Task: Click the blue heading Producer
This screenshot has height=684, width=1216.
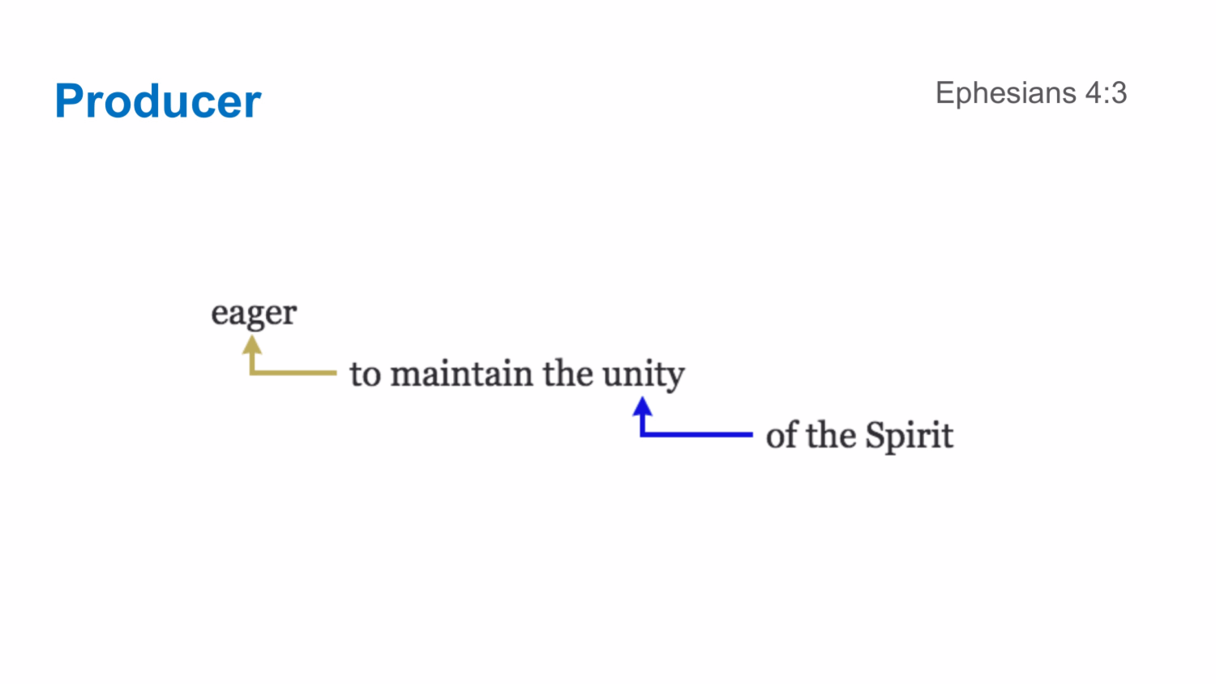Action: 158,102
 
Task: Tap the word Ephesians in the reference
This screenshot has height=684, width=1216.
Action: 1006,93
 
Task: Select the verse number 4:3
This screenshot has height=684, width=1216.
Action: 1107,93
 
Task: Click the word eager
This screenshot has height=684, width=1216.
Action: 254,314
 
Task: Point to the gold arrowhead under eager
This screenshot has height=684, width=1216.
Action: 253,345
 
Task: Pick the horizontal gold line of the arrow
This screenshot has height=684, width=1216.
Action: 296,373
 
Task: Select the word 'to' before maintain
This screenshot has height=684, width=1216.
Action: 365,375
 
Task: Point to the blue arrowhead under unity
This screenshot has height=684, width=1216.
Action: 643,406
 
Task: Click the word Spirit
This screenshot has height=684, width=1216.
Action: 909,436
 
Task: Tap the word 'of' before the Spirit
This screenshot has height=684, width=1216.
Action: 781,435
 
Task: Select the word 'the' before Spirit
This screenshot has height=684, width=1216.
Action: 831,435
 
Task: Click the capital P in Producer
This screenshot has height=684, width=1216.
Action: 70,102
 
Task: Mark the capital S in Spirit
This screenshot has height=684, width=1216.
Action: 875,435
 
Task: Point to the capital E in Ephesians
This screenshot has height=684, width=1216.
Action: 944,93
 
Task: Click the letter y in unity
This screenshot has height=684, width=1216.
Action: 675,379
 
